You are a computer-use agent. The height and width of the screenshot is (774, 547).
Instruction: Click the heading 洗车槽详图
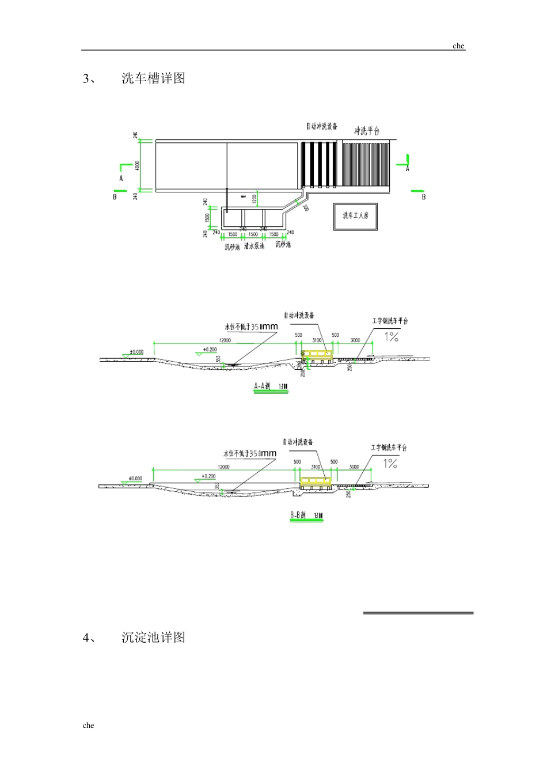(153, 78)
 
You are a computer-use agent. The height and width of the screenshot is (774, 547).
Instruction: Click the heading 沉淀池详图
(153, 638)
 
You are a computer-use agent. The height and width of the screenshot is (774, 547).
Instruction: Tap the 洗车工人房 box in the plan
(355, 217)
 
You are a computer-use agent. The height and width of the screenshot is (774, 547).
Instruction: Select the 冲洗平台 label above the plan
(367, 131)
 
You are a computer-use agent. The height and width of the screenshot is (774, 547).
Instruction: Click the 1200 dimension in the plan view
(254, 199)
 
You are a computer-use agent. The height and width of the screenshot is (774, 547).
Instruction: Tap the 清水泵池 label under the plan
(253, 246)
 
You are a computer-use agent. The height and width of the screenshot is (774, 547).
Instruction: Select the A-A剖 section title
(263, 386)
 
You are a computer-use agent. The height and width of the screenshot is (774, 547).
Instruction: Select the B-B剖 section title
(298, 515)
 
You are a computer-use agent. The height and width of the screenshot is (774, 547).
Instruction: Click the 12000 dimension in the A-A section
(225, 340)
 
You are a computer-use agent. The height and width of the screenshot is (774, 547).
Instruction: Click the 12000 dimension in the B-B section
(223, 467)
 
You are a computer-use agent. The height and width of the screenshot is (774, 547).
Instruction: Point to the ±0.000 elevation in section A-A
(136, 351)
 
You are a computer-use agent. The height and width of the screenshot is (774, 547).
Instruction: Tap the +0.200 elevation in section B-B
(208, 476)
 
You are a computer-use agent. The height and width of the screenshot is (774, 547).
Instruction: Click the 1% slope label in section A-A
(392, 337)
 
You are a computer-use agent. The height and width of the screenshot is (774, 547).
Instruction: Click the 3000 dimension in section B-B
(354, 467)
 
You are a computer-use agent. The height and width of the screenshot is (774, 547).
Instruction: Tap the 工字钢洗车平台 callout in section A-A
(390, 321)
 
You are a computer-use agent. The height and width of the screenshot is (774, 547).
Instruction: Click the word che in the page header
(458, 46)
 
